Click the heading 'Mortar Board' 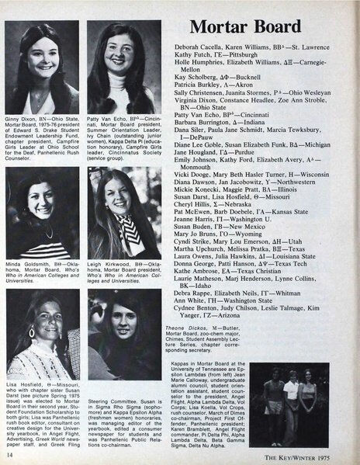coord(245,27)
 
